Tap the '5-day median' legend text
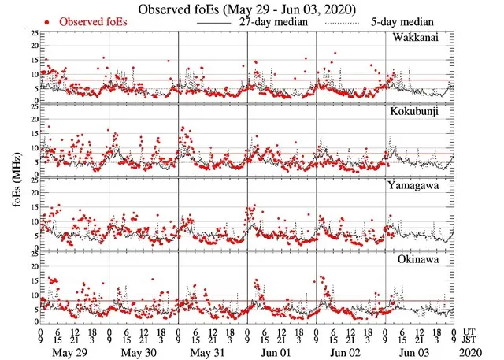(x=400, y=22)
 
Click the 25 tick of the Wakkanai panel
(x=32, y=33)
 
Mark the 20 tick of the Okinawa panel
(x=32, y=265)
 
